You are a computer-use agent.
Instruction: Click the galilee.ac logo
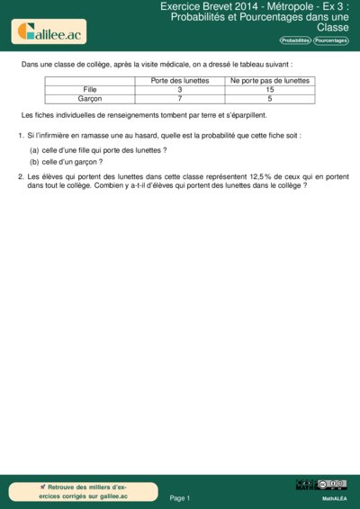(x=48, y=32)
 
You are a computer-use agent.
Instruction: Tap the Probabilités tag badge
(x=295, y=41)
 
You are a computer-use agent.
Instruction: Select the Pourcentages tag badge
(x=331, y=41)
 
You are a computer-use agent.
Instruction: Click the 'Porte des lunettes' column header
(x=180, y=81)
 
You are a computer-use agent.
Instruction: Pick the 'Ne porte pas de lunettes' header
(x=270, y=81)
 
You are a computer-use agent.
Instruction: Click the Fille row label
(x=89, y=90)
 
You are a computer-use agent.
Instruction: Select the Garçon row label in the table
(x=89, y=99)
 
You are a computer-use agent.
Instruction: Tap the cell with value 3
(x=180, y=90)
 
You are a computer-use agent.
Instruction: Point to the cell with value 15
(x=270, y=90)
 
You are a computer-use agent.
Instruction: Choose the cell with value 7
(x=180, y=99)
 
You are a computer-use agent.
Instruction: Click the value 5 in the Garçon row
(x=270, y=99)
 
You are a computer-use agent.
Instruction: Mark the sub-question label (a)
(x=34, y=150)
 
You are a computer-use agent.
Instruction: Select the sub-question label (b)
(x=34, y=162)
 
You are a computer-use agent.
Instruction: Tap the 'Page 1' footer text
(x=180, y=497)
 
